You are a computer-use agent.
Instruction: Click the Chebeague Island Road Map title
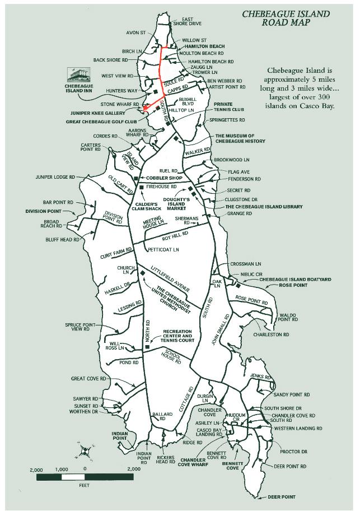[286, 18]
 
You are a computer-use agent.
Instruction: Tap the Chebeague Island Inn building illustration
[78, 75]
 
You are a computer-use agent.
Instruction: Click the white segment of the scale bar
[73, 477]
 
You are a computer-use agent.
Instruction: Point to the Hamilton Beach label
[204, 47]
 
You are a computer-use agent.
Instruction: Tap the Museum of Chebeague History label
[240, 138]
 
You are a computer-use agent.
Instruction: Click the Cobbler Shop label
[164, 178]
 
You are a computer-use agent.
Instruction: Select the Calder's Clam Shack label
[147, 206]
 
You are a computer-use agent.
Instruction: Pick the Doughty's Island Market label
[176, 204]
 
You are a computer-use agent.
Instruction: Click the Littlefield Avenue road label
[170, 279]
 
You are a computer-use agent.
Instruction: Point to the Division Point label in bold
[44, 211]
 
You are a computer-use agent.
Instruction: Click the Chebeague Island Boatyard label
[295, 280]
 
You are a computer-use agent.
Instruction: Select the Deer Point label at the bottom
[282, 497]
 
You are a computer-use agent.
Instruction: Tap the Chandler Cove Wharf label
[193, 462]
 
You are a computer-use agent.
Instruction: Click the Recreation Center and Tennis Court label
[177, 336]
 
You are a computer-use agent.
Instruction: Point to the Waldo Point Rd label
[288, 317]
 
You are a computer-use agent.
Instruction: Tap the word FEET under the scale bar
[84, 485]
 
